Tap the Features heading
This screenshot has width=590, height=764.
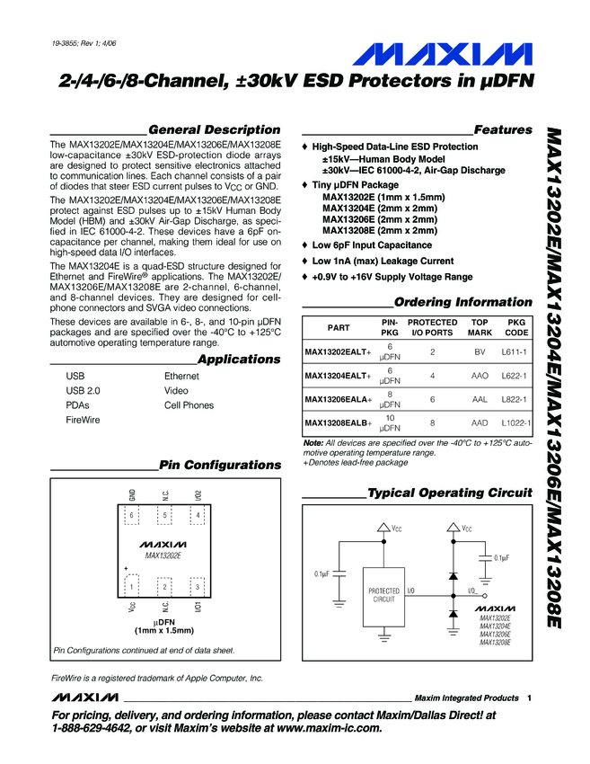coord(502,129)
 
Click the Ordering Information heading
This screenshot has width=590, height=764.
coord(463,302)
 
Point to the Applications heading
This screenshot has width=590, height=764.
coord(239,360)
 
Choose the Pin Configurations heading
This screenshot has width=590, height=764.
coord(219,465)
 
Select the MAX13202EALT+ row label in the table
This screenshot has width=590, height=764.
coord(338,352)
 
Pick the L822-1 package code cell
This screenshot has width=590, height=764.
coord(515,399)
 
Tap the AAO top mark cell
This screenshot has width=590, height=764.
coord(480,376)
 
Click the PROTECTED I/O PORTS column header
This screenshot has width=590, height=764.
coord(432,328)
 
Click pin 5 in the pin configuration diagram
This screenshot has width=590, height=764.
coord(165,515)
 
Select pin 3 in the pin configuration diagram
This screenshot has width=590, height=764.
coord(197,587)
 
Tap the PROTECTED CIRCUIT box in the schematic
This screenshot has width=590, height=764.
coord(383,594)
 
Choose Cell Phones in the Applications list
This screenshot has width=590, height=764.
coord(189,405)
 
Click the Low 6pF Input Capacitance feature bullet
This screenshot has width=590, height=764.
coord(371,244)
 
